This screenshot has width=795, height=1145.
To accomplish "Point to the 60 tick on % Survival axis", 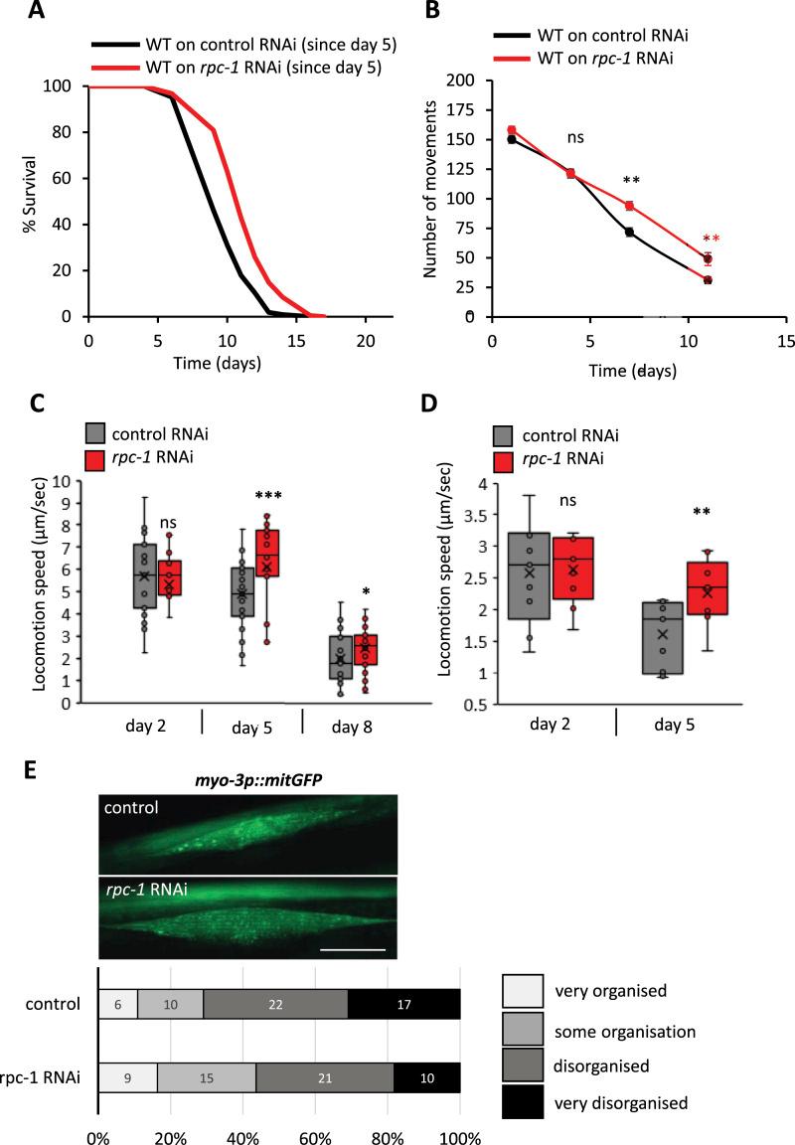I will tap(68, 178).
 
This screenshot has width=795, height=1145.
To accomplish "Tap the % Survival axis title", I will tap(32, 202).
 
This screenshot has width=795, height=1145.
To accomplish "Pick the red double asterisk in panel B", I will tap(711, 240).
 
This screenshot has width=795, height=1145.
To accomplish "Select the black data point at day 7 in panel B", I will tap(629, 232).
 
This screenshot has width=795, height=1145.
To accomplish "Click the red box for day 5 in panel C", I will tap(269, 553).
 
